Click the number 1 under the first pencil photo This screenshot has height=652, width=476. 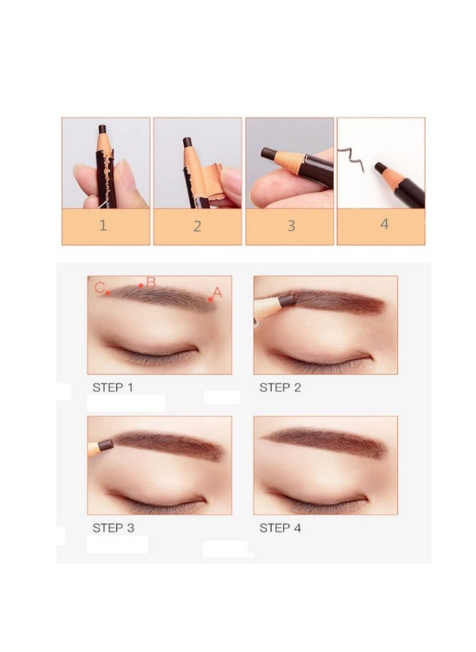(x=103, y=225)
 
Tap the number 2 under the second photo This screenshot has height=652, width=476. (x=197, y=226)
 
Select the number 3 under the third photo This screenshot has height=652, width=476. (x=291, y=226)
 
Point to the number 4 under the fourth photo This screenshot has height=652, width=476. (x=384, y=224)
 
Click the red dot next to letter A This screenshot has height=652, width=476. (x=211, y=299)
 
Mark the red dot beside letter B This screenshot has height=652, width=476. (x=141, y=286)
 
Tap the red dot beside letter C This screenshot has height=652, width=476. (x=107, y=293)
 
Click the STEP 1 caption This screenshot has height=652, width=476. (x=113, y=387)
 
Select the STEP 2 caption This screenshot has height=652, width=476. (x=280, y=387)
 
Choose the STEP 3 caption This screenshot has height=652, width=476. (x=113, y=528)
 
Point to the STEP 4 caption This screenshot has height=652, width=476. (x=280, y=528)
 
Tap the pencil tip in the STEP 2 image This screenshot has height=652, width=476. (x=286, y=299)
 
